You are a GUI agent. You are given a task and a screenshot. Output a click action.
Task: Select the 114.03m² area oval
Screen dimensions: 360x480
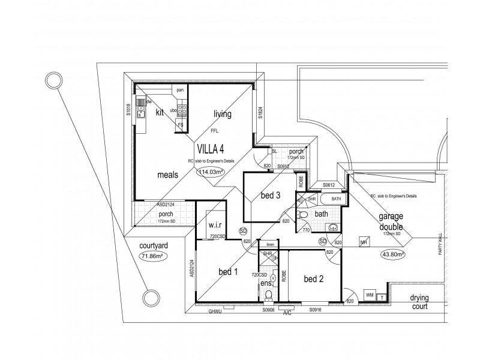click(x=211, y=172)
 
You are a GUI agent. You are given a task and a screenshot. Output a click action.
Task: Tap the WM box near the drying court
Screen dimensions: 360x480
click(x=370, y=295)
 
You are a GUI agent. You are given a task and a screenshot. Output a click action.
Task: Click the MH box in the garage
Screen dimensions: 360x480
click(x=364, y=242)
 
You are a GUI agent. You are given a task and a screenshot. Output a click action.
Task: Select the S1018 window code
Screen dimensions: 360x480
click(x=128, y=109)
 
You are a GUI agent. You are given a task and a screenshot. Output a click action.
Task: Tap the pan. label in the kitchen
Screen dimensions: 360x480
click(x=180, y=91)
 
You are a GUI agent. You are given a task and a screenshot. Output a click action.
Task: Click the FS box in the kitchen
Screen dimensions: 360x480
click(x=179, y=124)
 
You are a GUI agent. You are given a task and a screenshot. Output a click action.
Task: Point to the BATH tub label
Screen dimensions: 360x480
click(x=335, y=199)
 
